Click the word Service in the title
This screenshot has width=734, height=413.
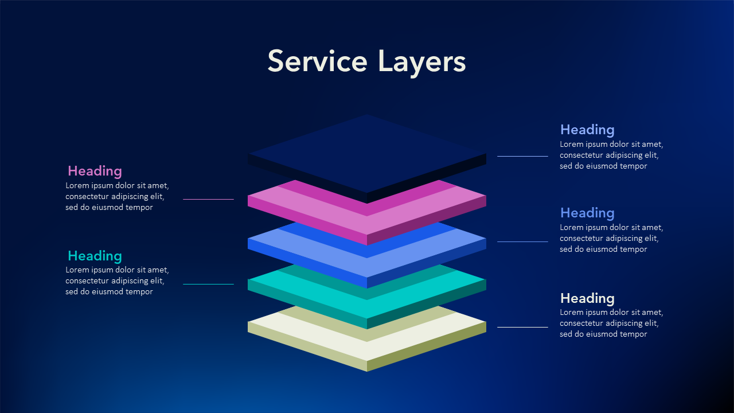(x=317, y=61)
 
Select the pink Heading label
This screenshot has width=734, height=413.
(x=95, y=171)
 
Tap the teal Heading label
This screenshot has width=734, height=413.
(x=95, y=256)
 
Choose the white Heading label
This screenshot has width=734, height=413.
(x=587, y=298)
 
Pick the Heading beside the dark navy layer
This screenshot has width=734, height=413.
(x=587, y=130)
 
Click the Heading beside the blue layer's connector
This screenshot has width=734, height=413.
(x=587, y=213)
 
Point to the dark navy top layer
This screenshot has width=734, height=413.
(x=367, y=152)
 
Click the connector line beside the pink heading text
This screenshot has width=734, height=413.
(x=208, y=199)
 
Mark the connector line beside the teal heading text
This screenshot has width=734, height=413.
(x=208, y=284)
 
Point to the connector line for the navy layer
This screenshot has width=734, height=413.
(x=522, y=156)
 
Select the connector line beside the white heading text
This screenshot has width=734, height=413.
(x=522, y=327)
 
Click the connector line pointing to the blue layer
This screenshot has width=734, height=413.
(x=522, y=241)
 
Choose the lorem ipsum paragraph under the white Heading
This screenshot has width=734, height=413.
(x=611, y=324)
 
